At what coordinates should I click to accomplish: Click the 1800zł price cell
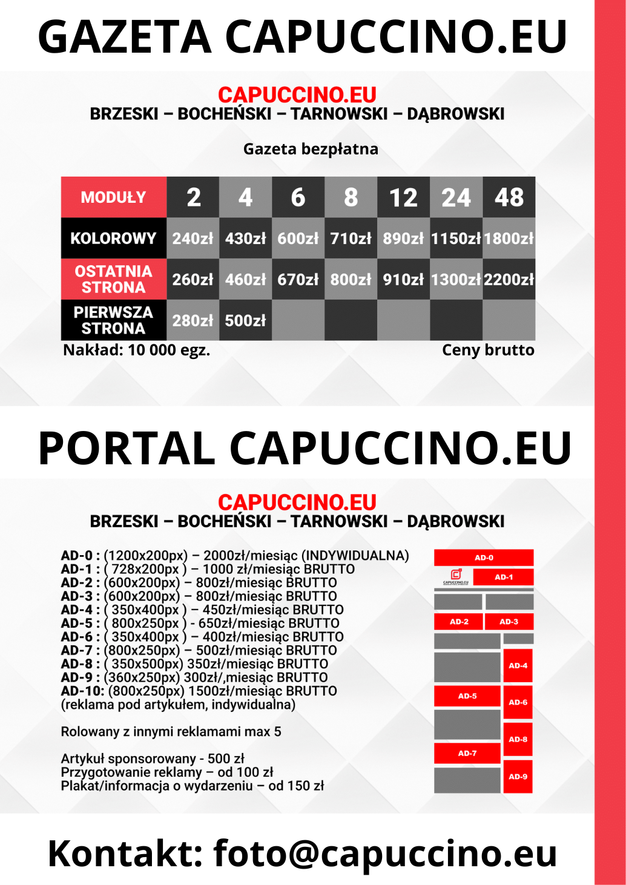pos(509,239)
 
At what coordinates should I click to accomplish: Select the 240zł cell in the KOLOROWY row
pos(193,239)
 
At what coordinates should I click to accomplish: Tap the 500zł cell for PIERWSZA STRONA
pos(245,320)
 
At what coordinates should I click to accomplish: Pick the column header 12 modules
pos(403,197)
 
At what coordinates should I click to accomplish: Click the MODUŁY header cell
pos(113,197)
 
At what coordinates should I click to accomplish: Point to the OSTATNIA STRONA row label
pos(113,279)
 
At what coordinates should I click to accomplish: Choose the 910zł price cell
pos(403,280)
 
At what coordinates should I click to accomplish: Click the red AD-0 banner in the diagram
pos(483,558)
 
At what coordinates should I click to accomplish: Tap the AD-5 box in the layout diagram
pos(467,696)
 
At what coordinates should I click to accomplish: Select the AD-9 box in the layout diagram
pos(518,777)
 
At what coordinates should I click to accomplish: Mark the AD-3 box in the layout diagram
pos(509,622)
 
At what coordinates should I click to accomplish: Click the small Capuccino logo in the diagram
pos(456,576)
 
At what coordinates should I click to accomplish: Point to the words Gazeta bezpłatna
pos(311,149)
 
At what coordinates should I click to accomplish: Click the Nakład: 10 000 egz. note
pos(136,350)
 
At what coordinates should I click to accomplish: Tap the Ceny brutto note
pos(488,350)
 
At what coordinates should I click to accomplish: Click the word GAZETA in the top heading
pos(125,37)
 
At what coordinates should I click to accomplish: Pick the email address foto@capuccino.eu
pos(385,854)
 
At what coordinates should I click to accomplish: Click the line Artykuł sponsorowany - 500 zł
pos(153,758)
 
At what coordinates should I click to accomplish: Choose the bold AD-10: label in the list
pos(82,691)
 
